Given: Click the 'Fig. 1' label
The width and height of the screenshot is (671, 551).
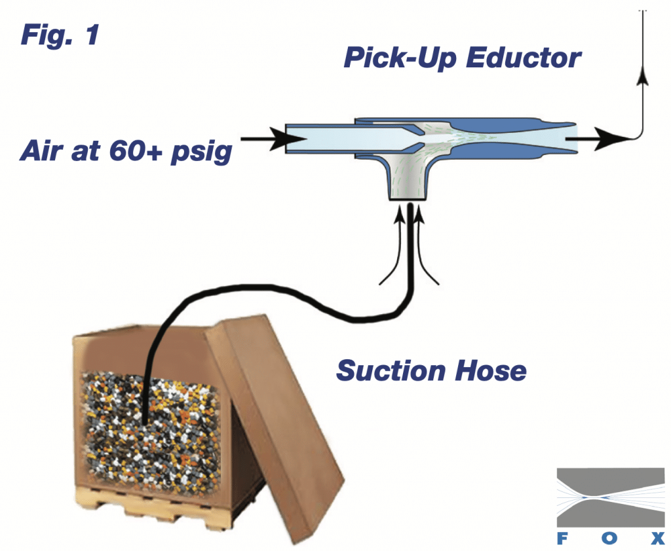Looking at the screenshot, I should [x=60, y=34].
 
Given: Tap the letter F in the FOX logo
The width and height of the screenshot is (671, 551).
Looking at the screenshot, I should [x=561, y=539].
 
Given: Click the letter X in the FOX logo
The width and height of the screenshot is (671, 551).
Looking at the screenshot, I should [x=658, y=539].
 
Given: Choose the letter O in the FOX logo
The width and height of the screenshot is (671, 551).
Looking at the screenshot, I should [x=609, y=539].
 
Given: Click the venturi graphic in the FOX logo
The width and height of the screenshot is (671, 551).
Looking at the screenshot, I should [x=610, y=497].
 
